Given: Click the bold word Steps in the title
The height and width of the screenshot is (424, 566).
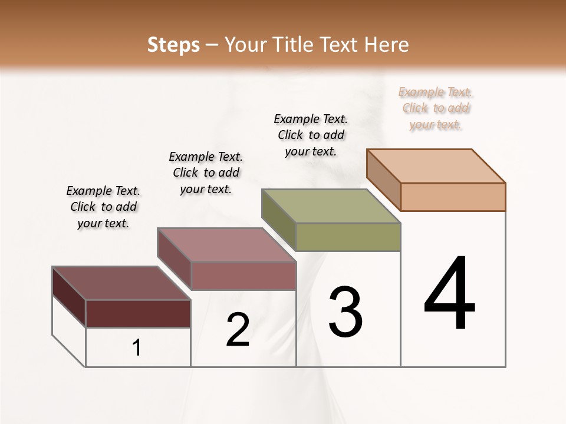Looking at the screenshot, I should click(x=173, y=45).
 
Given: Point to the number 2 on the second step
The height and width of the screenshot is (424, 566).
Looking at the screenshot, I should click(x=238, y=330).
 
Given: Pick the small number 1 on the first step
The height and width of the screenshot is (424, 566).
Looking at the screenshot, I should click(x=137, y=348).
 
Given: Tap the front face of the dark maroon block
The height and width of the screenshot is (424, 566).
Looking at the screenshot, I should click(x=138, y=313).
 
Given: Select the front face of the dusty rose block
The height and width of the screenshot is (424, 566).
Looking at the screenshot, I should click(x=243, y=276).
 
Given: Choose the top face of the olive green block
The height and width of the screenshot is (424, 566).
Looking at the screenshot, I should click(x=331, y=206).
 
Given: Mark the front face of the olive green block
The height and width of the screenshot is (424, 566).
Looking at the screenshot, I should click(x=348, y=237).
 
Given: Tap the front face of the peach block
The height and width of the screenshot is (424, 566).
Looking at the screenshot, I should click(x=453, y=197).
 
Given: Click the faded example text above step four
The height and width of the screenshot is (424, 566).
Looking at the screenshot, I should click(x=436, y=108).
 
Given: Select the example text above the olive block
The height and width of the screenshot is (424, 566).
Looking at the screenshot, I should click(x=311, y=135).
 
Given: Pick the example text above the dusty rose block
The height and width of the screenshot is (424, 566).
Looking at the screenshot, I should click(x=206, y=173).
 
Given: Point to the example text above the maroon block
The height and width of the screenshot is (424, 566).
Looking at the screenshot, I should click(x=103, y=207).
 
